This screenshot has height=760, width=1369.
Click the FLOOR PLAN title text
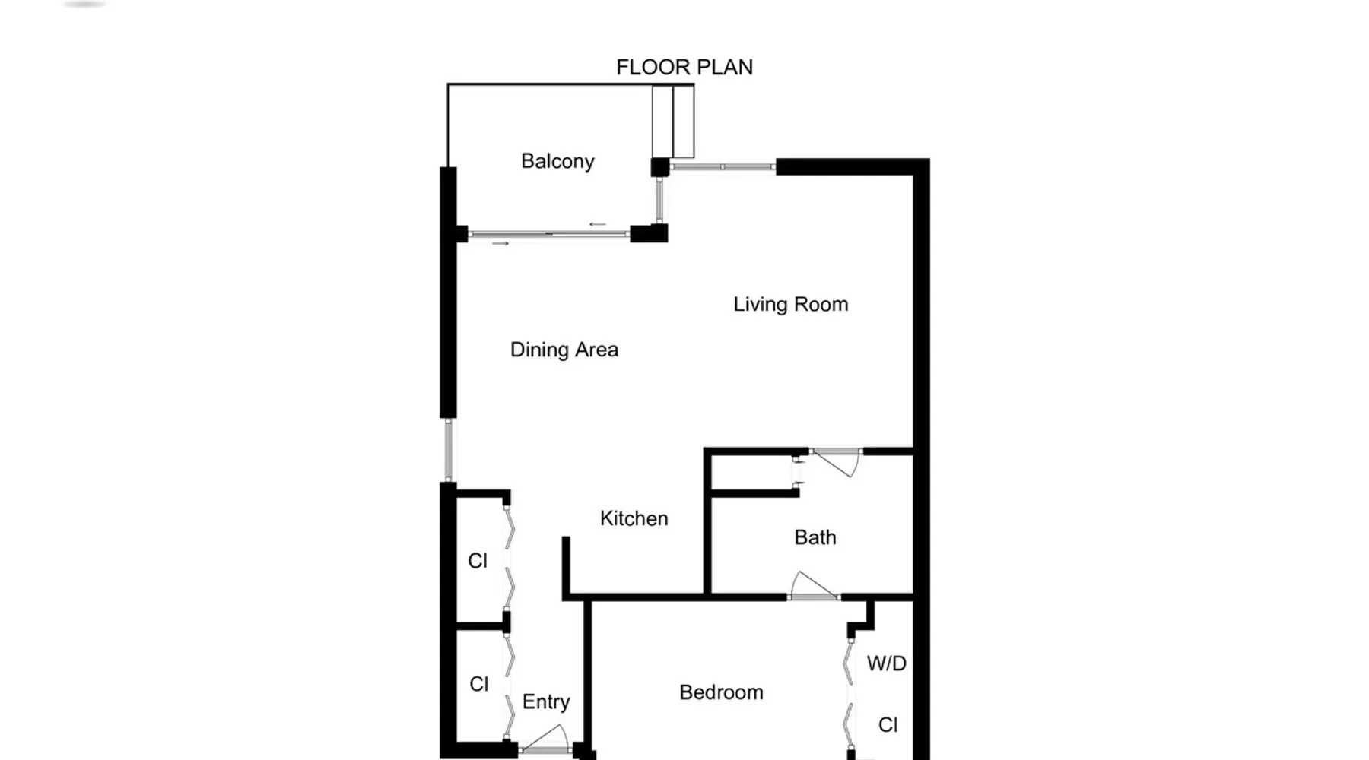pos(684,67)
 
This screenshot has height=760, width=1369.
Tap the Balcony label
pos(557,161)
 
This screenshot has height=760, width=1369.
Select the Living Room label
pos(790,305)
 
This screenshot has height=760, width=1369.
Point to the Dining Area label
pos(564,350)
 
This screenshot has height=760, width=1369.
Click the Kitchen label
pos(634,518)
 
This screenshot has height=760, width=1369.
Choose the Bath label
pos(815,537)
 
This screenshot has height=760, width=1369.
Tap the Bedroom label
pos(721,692)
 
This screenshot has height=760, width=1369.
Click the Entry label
pos(546,702)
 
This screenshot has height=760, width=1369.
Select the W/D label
pos(886,663)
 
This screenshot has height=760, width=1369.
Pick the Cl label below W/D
pos(888,725)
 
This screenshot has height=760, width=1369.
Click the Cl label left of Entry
pos(478,684)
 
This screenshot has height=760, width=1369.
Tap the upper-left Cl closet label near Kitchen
pos(477,561)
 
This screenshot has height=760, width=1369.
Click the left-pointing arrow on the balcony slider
pos(598,224)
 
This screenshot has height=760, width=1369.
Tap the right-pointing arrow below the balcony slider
pos(500,243)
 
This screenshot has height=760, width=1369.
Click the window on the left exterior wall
pos(448,449)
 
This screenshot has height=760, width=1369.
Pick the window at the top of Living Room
pos(723,166)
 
